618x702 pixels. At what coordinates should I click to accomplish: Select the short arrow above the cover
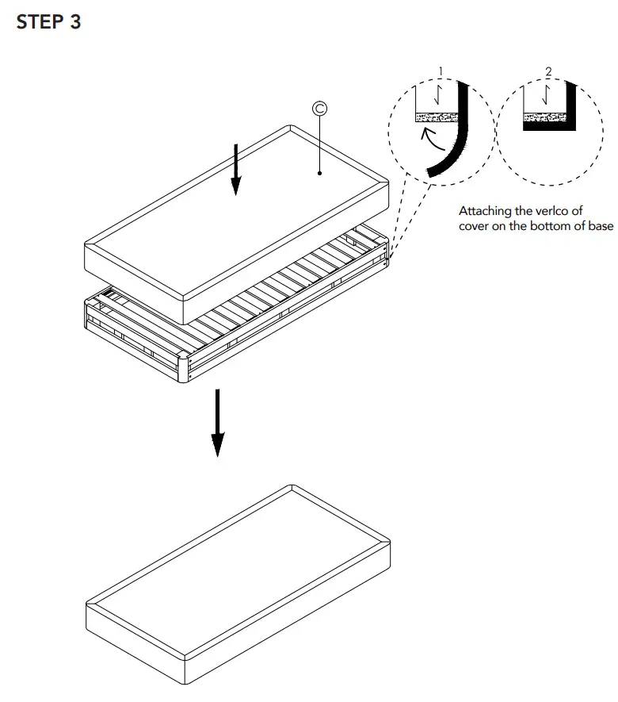(x=235, y=167)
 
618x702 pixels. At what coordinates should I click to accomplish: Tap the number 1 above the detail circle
(x=440, y=72)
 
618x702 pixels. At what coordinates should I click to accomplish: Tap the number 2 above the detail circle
(x=547, y=72)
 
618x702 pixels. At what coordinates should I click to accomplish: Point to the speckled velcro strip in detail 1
(x=437, y=117)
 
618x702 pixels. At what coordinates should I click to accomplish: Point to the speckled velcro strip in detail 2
(x=544, y=117)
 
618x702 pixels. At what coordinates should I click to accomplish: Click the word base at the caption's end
(x=599, y=226)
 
